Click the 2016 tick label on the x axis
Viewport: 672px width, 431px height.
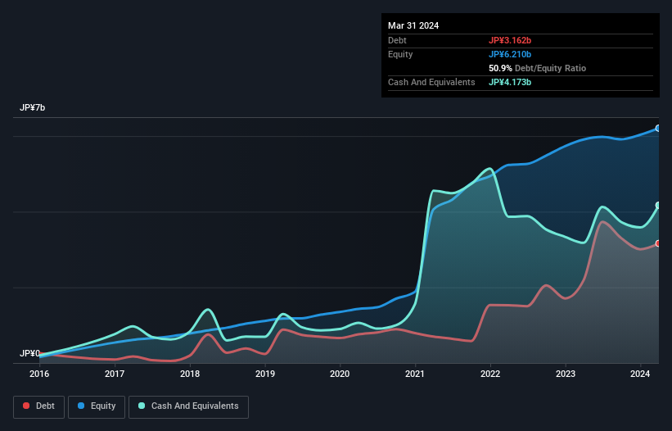(39, 374)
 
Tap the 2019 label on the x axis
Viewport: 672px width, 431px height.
(265, 374)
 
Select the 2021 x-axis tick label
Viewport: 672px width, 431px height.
(416, 374)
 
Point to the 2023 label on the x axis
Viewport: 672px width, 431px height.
(566, 374)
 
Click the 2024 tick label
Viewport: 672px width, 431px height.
(641, 374)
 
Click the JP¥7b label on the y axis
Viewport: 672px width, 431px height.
(33, 108)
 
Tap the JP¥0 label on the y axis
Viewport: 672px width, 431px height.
(30, 353)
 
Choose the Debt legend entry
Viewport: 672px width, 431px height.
(40, 406)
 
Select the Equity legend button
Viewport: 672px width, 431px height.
(97, 406)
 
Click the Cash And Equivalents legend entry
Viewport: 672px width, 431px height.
(188, 406)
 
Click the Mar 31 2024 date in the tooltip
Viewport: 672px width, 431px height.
(413, 25)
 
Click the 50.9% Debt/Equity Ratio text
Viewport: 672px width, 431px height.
(537, 68)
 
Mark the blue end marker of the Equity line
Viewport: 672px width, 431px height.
(658, 129)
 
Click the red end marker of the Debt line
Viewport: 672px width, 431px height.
(658, 243)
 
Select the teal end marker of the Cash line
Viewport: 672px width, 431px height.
(658, 206)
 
